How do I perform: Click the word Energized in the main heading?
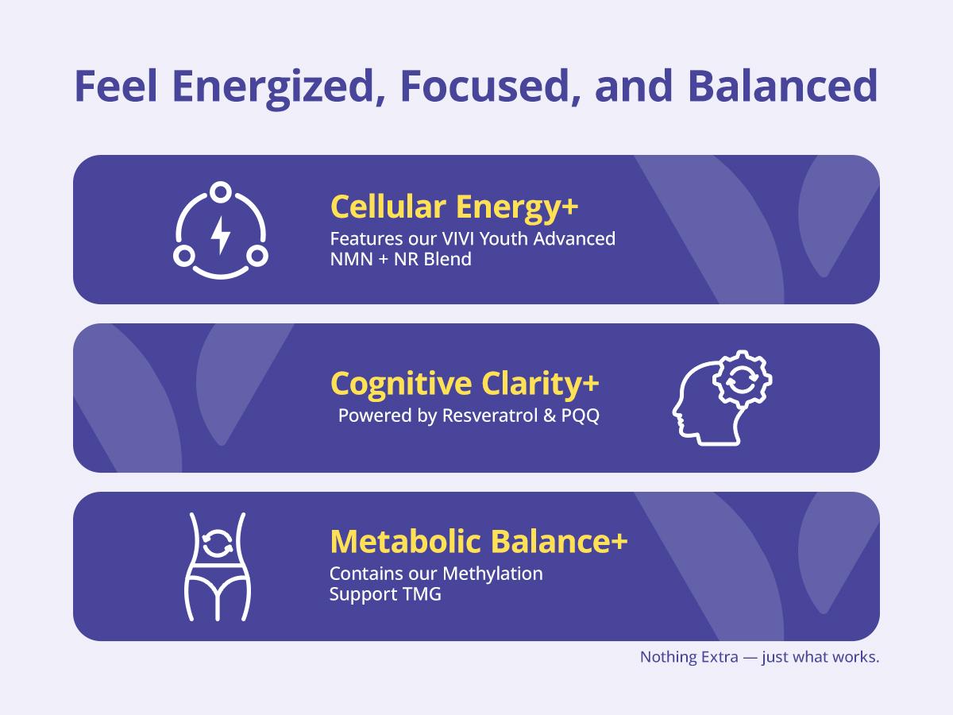273,87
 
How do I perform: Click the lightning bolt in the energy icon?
221,235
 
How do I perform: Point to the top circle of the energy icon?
221,191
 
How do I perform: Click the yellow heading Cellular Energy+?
454,207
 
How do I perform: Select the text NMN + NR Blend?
401,259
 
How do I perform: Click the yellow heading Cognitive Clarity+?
465,385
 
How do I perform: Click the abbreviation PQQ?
581,415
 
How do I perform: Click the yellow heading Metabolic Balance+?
479,542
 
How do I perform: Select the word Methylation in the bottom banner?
493,574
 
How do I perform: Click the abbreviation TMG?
422,594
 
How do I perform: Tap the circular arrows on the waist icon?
218,543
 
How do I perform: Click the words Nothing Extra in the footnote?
689,657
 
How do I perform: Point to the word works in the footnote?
856,657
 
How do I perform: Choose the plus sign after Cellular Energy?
570,207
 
